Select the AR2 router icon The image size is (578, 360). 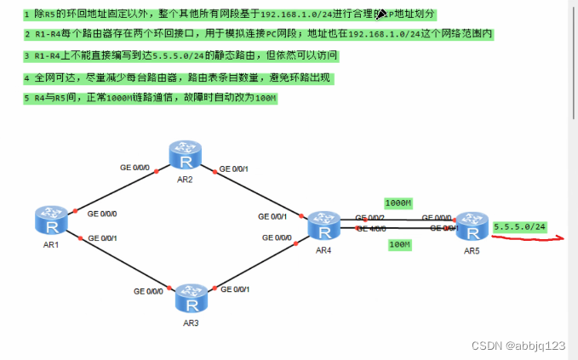(185, 156)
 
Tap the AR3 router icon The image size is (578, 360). (190, 298)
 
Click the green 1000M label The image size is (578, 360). (398, 203)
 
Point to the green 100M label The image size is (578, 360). (399, 245)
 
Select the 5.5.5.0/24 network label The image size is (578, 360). (519, 226)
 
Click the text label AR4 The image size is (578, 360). (323, 251)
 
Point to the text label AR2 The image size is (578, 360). (186, 180)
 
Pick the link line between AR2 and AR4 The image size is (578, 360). (255, 189)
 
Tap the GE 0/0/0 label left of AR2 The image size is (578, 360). (134, 168)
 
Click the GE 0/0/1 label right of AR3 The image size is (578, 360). (236, 289)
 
